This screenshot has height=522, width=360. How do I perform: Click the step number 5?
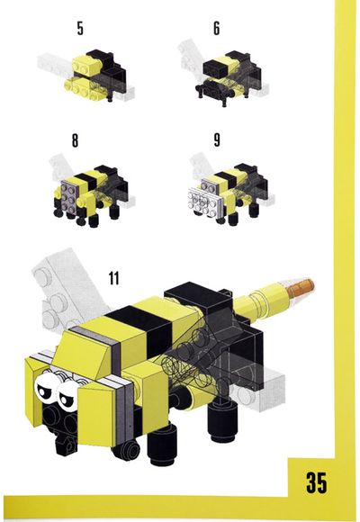coord(80,28)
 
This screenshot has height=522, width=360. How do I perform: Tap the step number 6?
coord(217,28)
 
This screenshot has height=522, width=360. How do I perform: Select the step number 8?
coord(76,140)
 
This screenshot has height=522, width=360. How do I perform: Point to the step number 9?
coord(217,139)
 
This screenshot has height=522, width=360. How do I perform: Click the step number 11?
coord(114,278)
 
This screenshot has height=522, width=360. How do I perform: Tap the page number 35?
coord(317,482)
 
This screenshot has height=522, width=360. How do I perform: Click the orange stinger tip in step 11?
coord(301,288)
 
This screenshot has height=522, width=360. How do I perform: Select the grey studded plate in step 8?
coord(70,196)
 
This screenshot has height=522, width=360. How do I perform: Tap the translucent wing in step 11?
coord(67,293)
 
